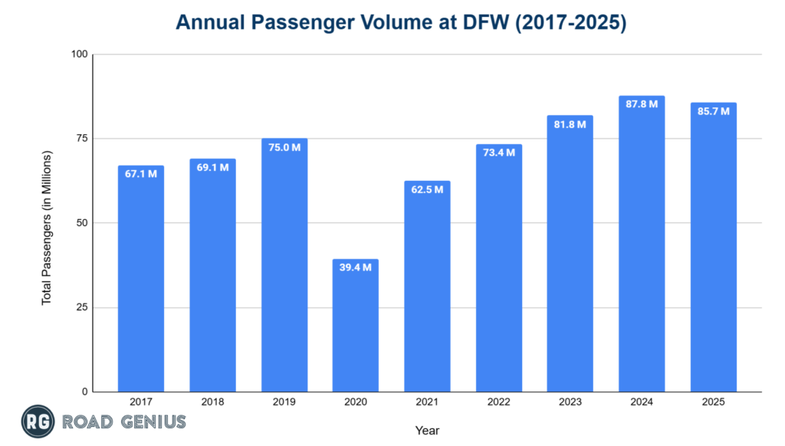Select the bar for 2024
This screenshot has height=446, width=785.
coord(642,245)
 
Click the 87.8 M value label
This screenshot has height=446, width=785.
coord(642,103)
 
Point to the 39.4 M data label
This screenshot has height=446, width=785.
coord(356,267)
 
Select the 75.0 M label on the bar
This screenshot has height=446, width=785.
coord(284,146)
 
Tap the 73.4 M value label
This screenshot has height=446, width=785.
coord(499,152)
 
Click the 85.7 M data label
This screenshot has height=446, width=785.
coord(713,110)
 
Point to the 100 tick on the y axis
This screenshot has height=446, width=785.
coord(80,54)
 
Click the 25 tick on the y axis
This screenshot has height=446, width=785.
coord(82,307)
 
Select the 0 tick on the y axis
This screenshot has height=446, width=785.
coord(85,392)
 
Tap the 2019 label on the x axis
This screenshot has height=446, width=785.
coord(284,402)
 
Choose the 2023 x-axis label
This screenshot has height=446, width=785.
coord(570,402)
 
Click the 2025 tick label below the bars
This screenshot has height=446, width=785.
coord(713,402)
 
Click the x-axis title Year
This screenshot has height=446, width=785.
coord(427,430)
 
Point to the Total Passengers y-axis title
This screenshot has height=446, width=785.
coord(47,228)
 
